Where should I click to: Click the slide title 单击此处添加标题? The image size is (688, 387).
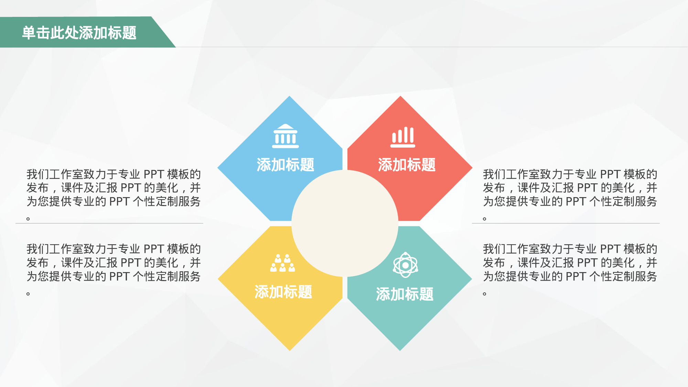coord(79,33)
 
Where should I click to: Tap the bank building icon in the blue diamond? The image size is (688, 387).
coord(285,136)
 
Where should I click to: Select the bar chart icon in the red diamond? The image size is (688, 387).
coord(403,137)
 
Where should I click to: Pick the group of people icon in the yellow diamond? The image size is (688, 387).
coord(282,263)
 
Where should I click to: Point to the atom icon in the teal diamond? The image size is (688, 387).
coord(405,265)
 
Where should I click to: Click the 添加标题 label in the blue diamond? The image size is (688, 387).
coord(285,165)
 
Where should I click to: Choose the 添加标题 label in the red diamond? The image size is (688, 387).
coord(407,165)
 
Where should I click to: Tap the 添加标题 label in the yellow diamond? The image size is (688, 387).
coord(283,292)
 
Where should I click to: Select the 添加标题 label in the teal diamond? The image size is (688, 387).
coord(405,294)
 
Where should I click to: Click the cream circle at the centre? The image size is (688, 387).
coord(345,223)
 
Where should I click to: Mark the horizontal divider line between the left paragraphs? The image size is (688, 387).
coord(109,223)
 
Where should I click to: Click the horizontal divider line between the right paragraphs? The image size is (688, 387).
coord(566,223)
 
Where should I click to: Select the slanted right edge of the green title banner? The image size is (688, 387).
coord(163,32)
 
